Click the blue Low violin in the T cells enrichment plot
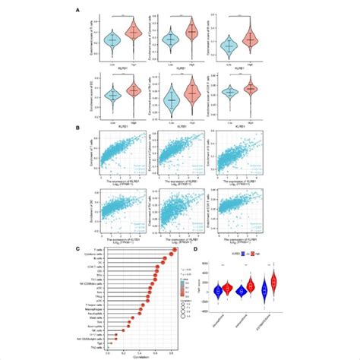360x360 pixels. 113,39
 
